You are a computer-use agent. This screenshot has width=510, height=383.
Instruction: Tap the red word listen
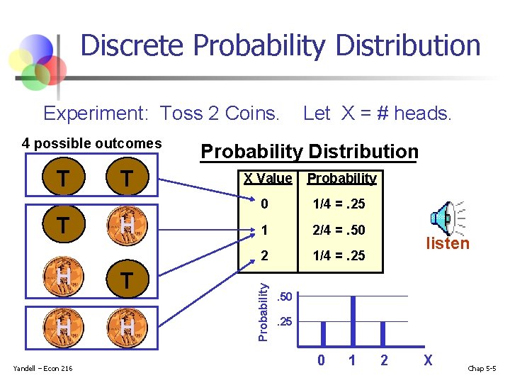pyautogui.click(x=447, y=244)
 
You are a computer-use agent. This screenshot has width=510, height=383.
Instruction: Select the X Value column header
pyautogui.click(x=268, y=178)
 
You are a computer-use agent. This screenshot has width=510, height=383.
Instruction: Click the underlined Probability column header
pyautogui.click(x=341, y=179)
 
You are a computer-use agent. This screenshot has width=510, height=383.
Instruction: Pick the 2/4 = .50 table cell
pyautogui.click(x=339, y=230)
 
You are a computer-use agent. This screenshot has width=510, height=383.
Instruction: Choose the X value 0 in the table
pyautogui.click(x=263, y=204)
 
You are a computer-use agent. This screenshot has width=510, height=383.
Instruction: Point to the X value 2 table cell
pyautogui.click(x=263, y=255)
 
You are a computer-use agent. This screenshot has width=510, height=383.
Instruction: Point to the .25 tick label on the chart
pyautogui.click(x=284, y=321)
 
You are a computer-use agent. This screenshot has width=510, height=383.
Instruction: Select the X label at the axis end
pyautogui.click(x=427, y=360)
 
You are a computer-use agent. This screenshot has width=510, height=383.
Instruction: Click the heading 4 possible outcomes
pyautogui.click(x=92, y=143)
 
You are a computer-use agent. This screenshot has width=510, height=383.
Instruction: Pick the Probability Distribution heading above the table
pyautogui.click(x=310, y=152)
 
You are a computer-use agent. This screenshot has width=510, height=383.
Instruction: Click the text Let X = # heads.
pyautogui.click(x=377, y=113)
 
